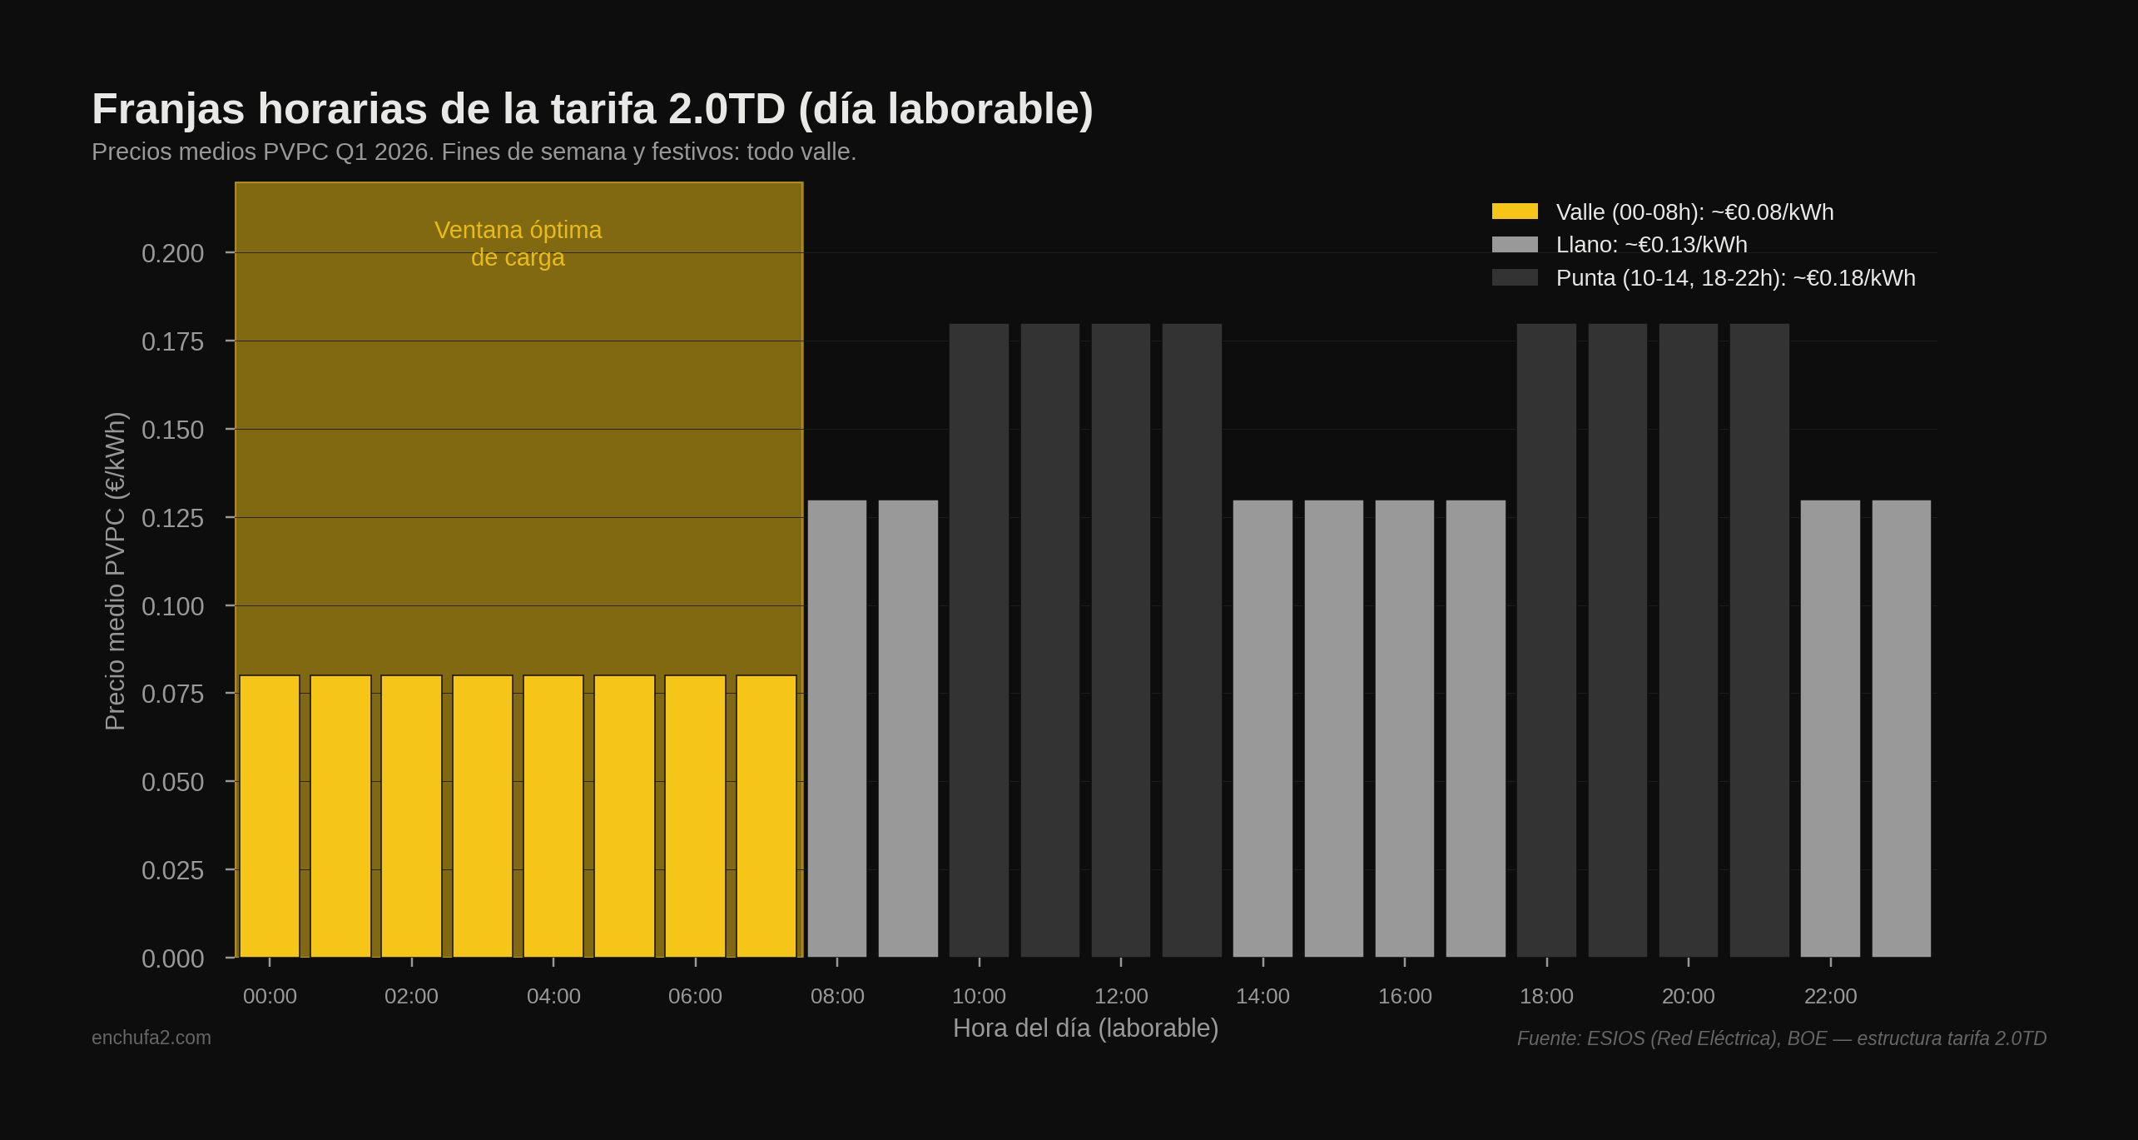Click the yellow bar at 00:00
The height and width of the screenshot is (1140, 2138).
tap(270, 816)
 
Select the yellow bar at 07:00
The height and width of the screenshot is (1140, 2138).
tap(766, 816)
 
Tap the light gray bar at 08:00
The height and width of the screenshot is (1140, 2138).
tap(837, 729)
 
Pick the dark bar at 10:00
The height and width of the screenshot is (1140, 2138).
tap(979, 641)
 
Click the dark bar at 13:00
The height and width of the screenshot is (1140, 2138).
tap(1192, 641)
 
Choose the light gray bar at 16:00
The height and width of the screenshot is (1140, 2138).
tap(1405, 729)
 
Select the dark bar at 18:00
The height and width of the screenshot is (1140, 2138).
tap(1546, 641)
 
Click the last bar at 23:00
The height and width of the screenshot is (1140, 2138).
tap(1902, 729)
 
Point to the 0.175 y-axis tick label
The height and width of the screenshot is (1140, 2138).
tap(172, 341)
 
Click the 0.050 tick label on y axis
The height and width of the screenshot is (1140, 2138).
tap(172, 782)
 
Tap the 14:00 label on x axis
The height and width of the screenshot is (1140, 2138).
tap(1262, 996)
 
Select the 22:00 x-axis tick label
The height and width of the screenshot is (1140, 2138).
tap(1830, 996)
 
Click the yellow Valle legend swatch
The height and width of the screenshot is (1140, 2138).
tap(1515, 212)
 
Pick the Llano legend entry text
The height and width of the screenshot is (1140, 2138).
tap(1651, 245)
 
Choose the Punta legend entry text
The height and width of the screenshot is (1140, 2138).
tap(1735, 278)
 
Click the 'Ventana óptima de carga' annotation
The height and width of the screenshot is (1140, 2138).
tap(518, 243)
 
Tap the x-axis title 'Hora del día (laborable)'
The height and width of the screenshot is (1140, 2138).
tap(1085, 1028)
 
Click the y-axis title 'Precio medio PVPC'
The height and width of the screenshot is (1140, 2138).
tap(115, 571)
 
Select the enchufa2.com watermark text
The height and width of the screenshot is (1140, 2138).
tap(151, 1038)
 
